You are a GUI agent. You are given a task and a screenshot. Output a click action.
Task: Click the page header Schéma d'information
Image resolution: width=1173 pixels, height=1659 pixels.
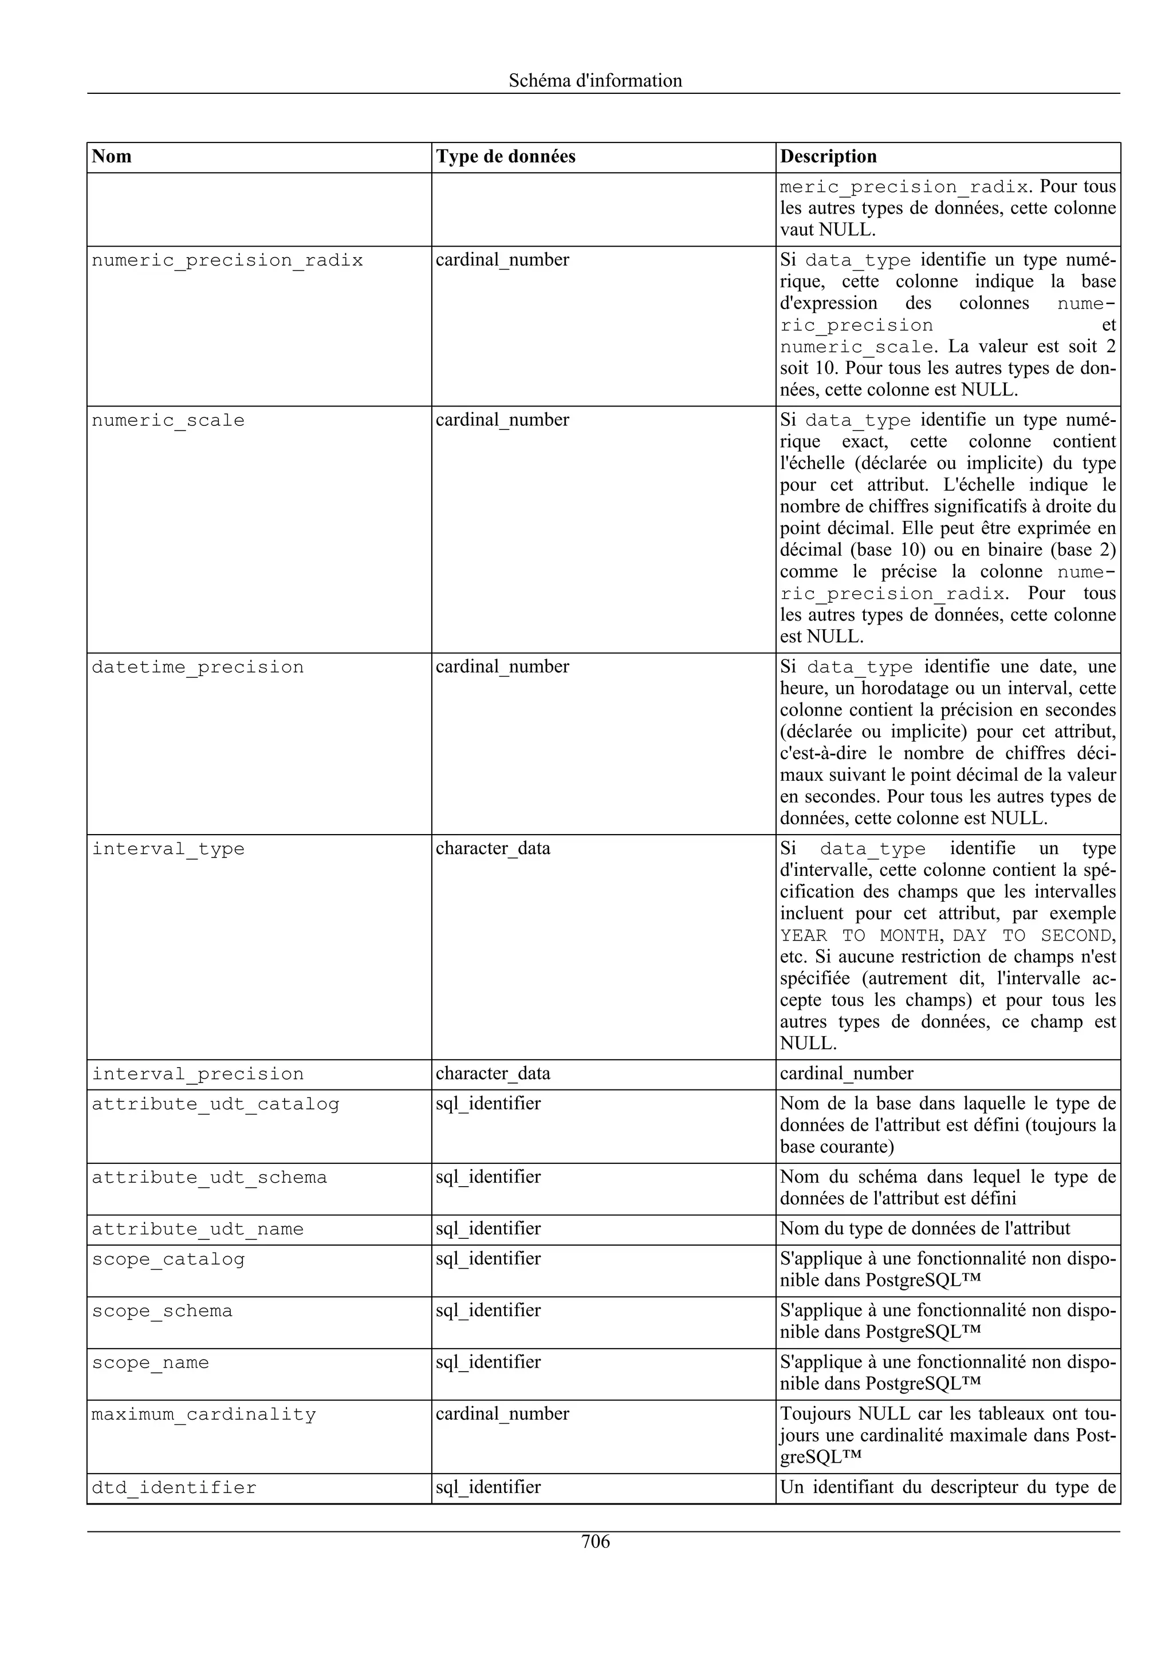[595, 80]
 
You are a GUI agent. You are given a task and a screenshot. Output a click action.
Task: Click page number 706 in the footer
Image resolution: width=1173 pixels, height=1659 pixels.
[595, 1541]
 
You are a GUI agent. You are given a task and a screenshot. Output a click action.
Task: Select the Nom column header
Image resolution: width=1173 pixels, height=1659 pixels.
[112, 157]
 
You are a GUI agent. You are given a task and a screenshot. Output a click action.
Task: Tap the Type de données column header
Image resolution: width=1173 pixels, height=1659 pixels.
[505, 157]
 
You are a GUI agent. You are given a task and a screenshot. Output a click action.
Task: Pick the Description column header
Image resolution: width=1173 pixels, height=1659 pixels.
[828, 157]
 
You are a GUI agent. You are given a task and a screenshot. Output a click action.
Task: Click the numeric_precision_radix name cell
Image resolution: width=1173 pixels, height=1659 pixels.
[227, 261]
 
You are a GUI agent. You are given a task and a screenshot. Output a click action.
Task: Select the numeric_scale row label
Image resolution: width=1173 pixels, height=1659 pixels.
[168, 421]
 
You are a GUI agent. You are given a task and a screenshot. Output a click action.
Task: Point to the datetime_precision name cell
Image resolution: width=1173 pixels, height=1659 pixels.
[197, 667]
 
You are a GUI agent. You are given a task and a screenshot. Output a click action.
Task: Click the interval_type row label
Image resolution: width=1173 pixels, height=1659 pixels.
[168, 849]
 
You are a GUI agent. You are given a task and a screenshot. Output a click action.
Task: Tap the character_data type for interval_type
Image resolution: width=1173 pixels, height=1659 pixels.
[493, 848]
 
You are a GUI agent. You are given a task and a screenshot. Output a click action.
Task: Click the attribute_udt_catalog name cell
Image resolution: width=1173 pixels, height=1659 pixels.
[215, 1104]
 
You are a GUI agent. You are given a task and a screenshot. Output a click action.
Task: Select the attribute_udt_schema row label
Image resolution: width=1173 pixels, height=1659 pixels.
[209, 1177]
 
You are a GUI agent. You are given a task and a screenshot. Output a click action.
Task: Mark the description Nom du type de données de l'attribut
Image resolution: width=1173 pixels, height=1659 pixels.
[924, 1229]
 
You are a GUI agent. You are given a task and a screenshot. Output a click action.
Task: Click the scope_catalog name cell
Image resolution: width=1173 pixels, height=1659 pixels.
[168, 1259]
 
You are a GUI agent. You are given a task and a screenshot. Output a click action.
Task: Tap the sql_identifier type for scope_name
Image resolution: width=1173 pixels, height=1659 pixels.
[488, 1362]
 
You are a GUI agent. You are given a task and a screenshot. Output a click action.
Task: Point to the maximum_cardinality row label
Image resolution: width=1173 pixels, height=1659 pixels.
[203, 1414]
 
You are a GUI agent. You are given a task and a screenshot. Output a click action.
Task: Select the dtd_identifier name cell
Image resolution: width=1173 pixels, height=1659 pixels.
[174, 1488]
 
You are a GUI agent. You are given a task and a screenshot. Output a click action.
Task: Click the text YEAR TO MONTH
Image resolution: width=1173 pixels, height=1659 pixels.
[859, 936]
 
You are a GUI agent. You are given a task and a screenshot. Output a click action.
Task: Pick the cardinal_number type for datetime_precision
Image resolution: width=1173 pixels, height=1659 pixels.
[502, 667]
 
